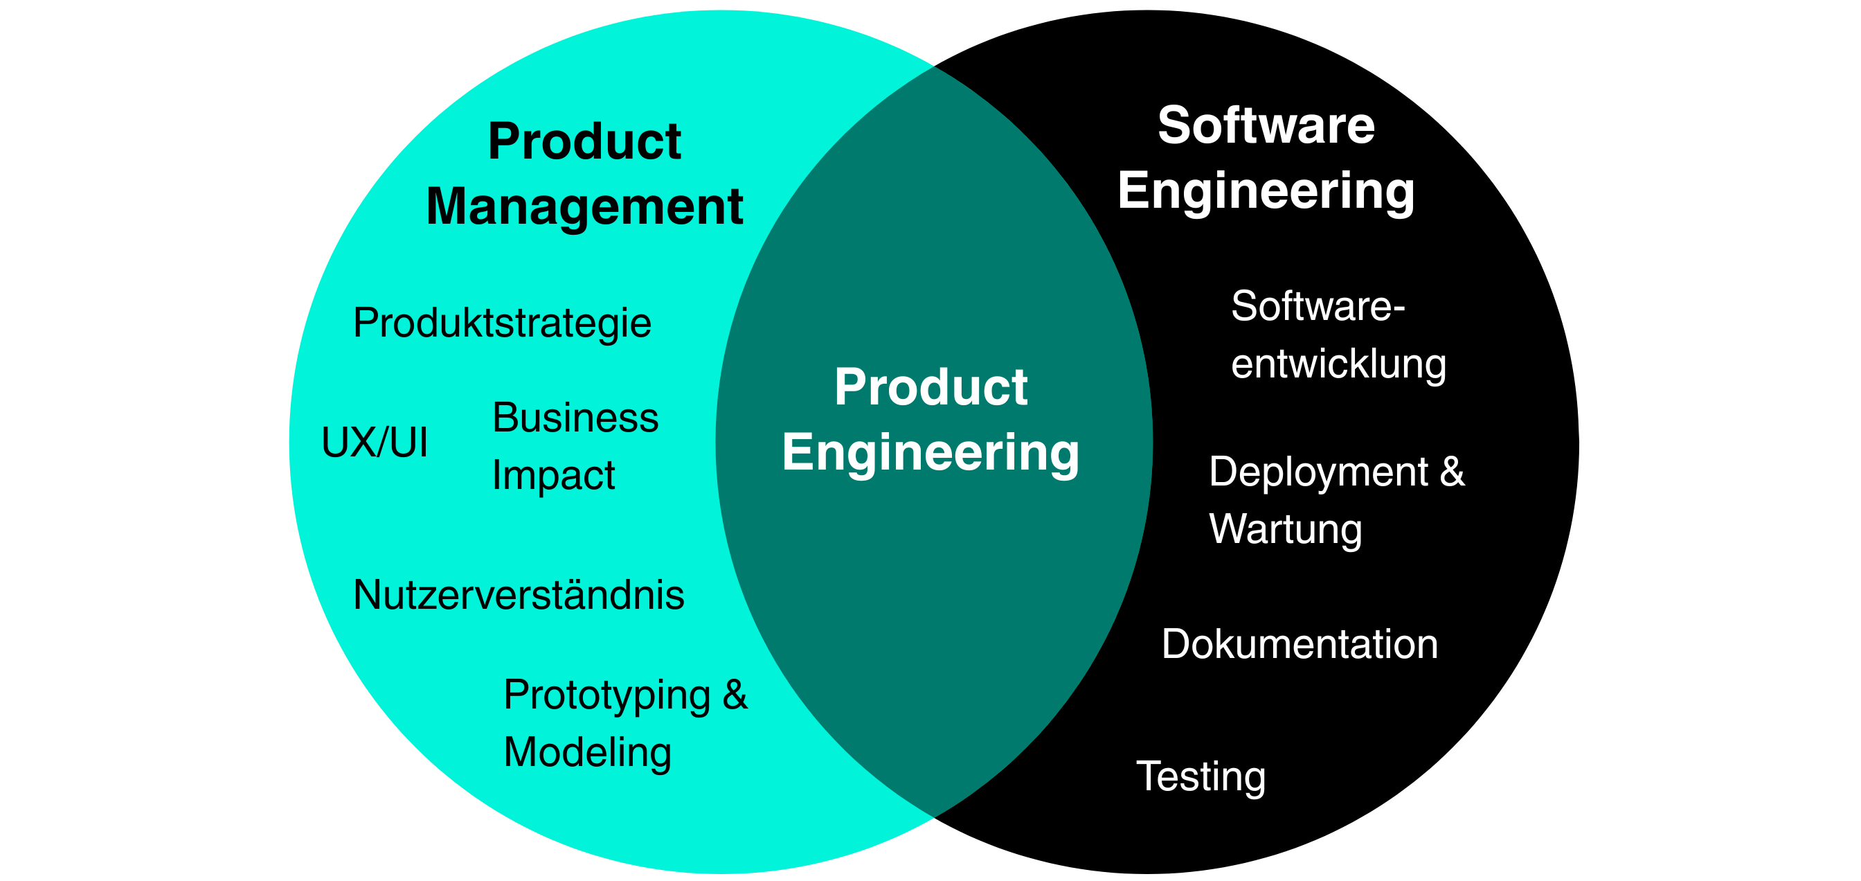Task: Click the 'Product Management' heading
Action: pyautogui.click(x=584, y=173)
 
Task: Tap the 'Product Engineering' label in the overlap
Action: pyautogui.click(x=930, y=419)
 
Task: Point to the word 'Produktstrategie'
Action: pyautogui.click(x=502, y=322)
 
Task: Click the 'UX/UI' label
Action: pyautogui.click(x=375, y=442)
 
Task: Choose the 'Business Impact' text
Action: pyautogui.click(x=575, y=446)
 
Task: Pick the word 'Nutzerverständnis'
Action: pyautogui.click(x=519, y=595)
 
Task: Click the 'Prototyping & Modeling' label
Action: pyautogui.click(x=625, y=722)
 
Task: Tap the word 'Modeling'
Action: pyautogui.click(x=587, y=751)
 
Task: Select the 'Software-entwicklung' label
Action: pyautogui.click(x=1338, y=335)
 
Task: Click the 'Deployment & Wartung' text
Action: pyautogui.click(x=1336, y=500)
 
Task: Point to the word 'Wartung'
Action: pyautogui.click(x=1285, y=529)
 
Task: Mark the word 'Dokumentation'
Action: pyautogui.click(x=1300, y=644)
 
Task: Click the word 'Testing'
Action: pyautogui.click(x=1201, y=776)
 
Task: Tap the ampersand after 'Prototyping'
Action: pyautogui.click(x=735, y=695)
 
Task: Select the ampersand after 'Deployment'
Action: pyautogui.click(x=1452, y=472)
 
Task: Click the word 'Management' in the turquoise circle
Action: pyautogui.click(x=584, y=207)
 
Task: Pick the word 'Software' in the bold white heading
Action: pyautogui.click(x=1266, y=125)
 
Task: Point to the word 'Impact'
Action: pyautogui.click(x=553, y=476)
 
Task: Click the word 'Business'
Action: pyautogui.click(x=575, y=418)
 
